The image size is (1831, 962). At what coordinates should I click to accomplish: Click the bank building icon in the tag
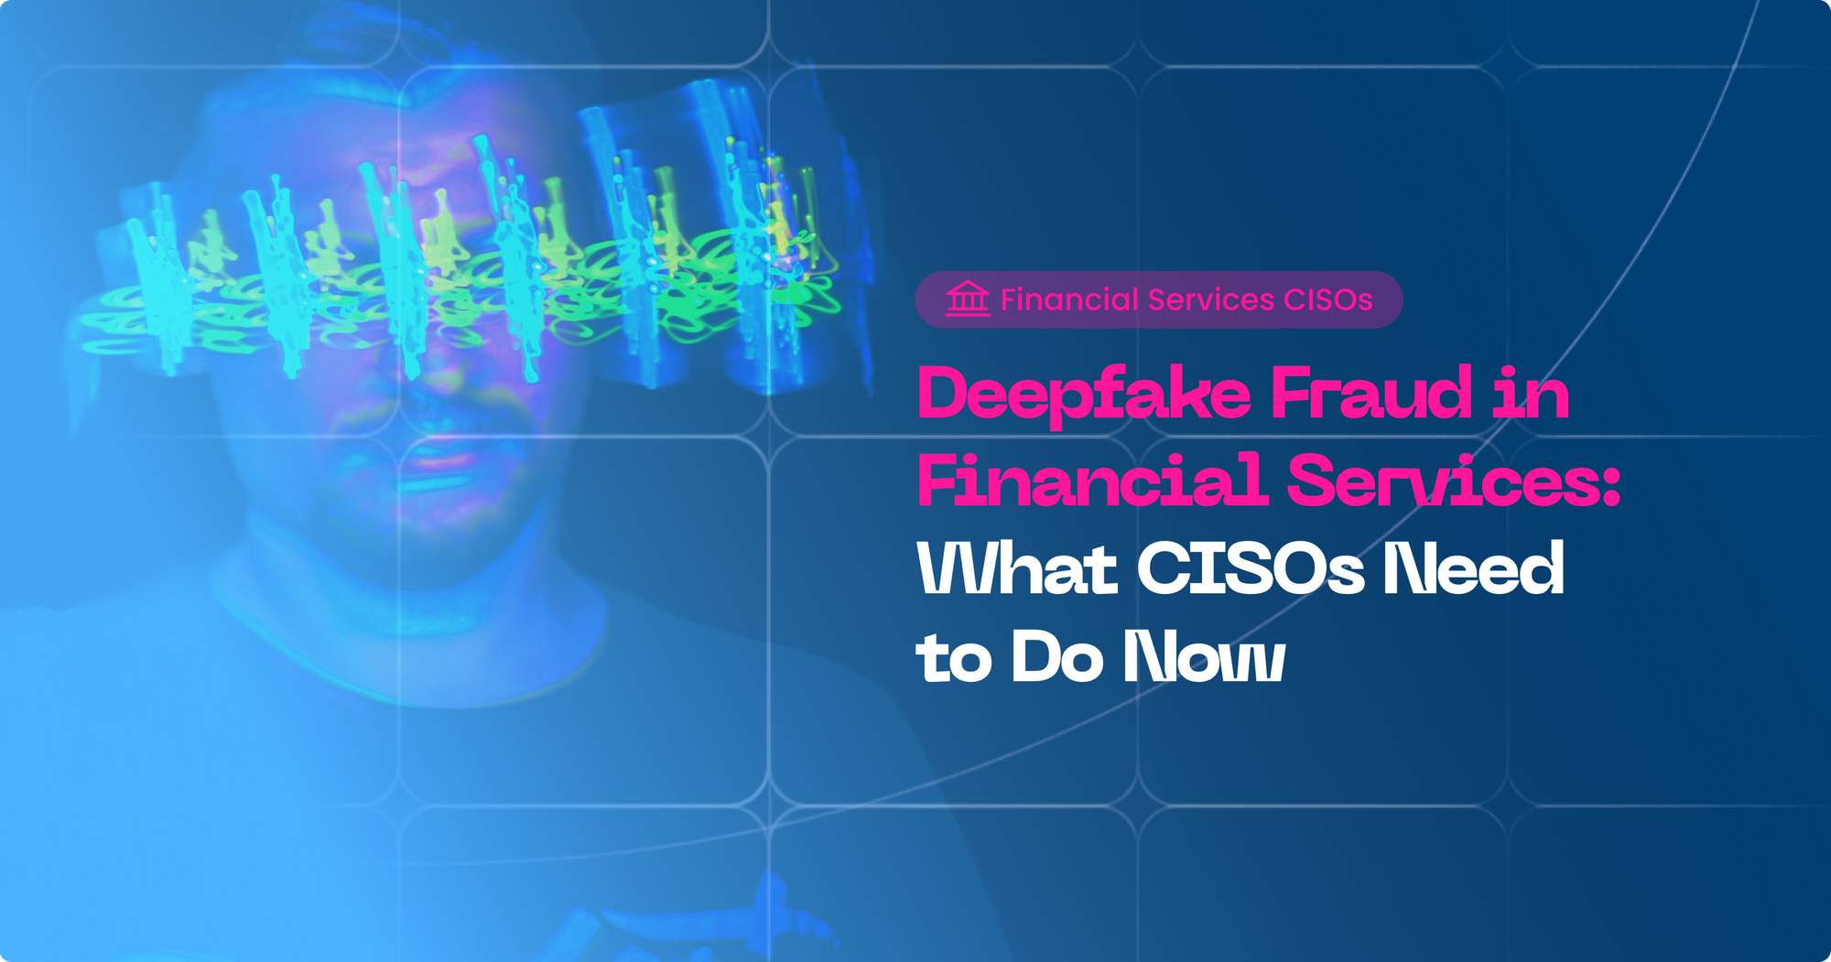(968, 299)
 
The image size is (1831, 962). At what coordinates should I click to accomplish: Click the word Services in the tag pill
(1211, 299)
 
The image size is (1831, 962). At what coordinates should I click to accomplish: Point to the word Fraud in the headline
(1371, 394)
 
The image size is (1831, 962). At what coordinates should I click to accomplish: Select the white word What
(1017, 568)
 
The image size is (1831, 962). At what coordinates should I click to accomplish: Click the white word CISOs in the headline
(1251, 568)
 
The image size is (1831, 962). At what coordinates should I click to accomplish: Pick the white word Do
(1057, 655)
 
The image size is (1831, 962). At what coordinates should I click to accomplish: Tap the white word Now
(1205, 655)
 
